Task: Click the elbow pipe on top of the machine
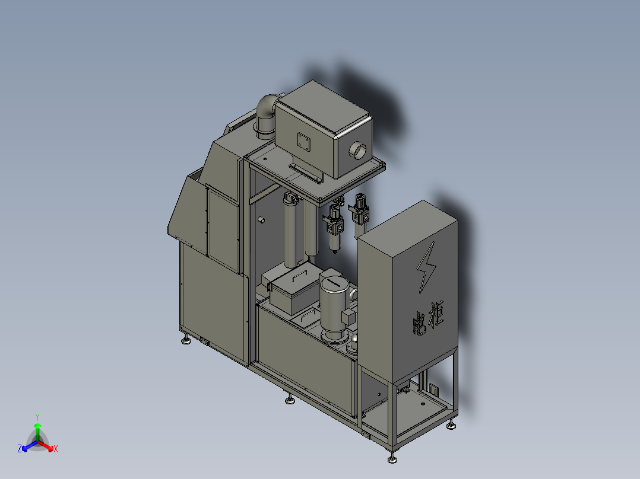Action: tap(267, 113)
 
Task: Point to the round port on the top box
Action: tap(359, 150)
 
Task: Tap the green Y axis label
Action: tap(37, 416)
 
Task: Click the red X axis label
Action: tap(55, 449)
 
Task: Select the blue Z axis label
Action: tap(20, 449)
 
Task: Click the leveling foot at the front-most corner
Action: tap(392, 459)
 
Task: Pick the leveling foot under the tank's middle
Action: tap(290, 400)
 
